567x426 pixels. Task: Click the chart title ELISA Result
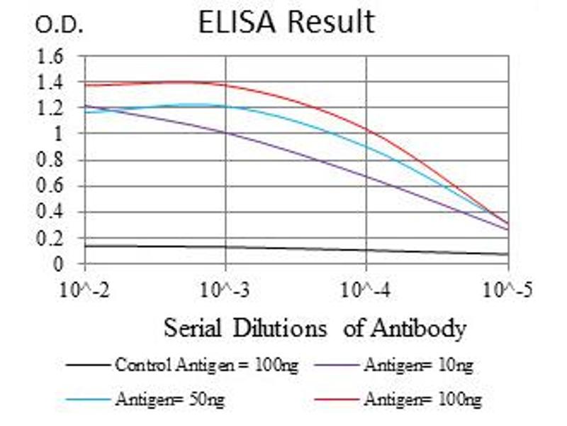point(286,23)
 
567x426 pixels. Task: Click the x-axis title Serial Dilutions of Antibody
point(315,329)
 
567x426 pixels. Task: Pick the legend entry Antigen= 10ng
point(418,366)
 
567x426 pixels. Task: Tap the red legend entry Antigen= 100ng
point(422,400)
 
